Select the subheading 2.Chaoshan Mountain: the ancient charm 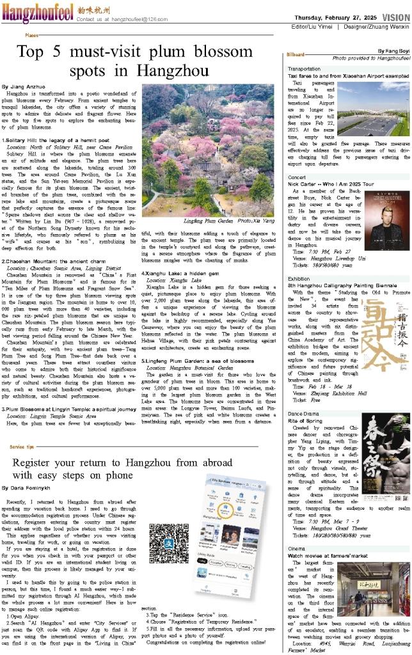[45, 261]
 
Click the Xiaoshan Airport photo [373, 110]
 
